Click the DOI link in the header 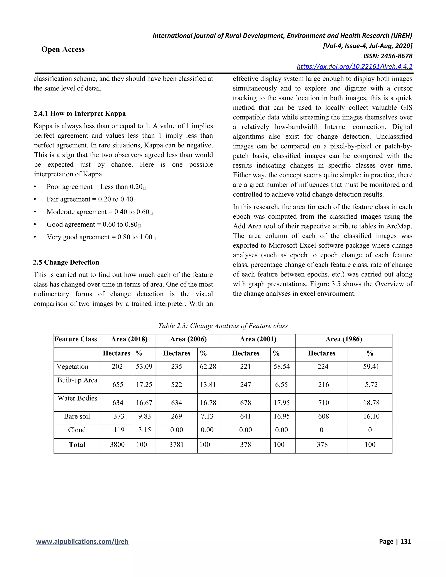coord(354,66)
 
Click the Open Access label coord(63,49)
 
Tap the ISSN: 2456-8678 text coord(388,56)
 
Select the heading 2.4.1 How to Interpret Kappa coord(79,114)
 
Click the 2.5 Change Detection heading coord(66,262)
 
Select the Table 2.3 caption coord(223,326)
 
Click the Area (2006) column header coord(188,339)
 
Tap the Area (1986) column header coord(343,339)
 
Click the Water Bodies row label coord(77,398)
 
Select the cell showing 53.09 coord(144,367)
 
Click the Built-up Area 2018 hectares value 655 coord(118,385)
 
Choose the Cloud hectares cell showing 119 coord(119,430)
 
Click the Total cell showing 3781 coord(176,445)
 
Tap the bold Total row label coord(77,445)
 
